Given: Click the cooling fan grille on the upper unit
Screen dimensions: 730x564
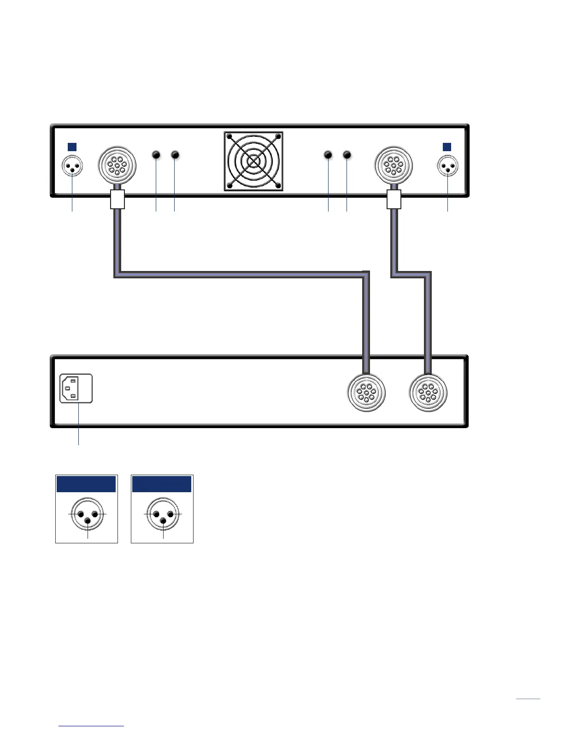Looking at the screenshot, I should pos(253,161).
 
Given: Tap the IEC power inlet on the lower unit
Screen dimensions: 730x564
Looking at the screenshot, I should pos(76,389).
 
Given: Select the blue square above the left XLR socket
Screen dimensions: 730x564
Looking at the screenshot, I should pos(72,147).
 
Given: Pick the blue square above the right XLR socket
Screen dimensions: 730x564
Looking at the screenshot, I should pos(446,147).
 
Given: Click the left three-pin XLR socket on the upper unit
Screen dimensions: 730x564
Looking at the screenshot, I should pos(72,166).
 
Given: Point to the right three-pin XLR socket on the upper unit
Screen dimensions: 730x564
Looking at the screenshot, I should pos(447,167).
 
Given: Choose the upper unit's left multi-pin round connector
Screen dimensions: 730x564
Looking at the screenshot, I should pos(117,165).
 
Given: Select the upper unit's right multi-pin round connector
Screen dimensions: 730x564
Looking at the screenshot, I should pos(393,165).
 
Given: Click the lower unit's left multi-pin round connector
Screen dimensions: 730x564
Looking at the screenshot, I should pos(366,393).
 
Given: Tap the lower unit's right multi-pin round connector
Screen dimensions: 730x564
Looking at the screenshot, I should pos(428,393).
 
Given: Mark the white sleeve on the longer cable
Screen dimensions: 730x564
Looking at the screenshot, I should pos(117,200).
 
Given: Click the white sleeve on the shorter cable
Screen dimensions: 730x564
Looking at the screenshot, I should pos(394,200).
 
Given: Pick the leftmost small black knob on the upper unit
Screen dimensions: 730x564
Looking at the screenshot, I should pos(156,155).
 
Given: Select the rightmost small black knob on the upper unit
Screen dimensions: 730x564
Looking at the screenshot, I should pos(347,155).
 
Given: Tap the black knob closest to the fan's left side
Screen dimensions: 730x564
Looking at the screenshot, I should pos(175,155).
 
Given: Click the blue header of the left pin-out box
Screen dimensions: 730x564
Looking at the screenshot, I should pos(86,484).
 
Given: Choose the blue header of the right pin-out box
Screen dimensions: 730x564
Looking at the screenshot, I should pos(162,484).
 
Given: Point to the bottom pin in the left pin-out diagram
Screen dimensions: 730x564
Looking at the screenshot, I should pos(88,520).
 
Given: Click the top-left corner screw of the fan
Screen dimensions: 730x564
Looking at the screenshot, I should pos(229,137).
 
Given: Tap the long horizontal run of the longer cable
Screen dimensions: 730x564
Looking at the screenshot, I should pos(240,274).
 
